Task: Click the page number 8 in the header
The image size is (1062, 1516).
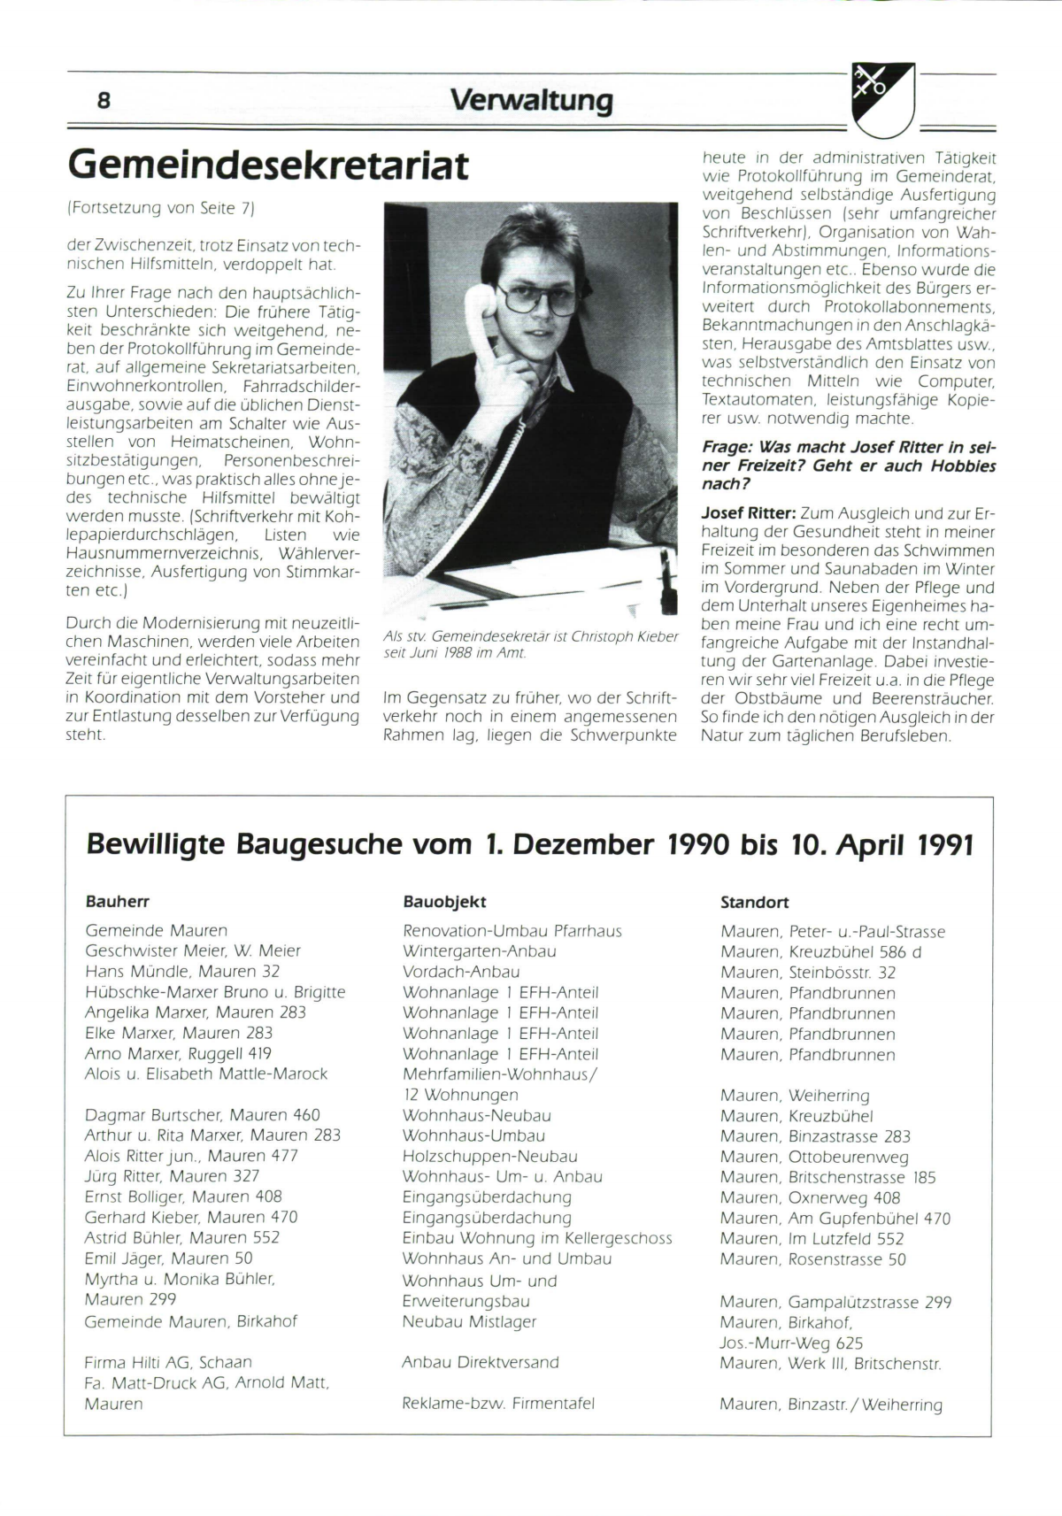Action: [104, 100]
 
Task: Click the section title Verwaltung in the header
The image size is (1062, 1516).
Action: [531, 99]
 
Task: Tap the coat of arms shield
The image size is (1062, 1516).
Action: [882, 99]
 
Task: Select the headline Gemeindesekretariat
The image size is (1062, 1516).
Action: [267, 165]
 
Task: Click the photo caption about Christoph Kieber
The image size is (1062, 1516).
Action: [530, 644]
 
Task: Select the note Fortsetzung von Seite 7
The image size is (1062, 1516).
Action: [161, 209]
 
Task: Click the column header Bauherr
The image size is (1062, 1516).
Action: [117, 902]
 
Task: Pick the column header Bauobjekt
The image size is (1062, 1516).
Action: [444, 902]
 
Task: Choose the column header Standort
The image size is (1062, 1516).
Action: [754, 903]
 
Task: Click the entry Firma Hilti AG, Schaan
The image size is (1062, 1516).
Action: [168, 1362]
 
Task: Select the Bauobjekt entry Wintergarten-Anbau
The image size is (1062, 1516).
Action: [479, 951]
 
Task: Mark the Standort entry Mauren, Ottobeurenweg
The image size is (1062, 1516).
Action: [814, 1157]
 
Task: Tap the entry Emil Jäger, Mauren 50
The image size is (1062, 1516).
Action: [168, 1258]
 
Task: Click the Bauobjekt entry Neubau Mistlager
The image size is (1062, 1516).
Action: [469, 1321]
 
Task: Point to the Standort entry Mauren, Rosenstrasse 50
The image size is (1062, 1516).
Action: [813, 1259]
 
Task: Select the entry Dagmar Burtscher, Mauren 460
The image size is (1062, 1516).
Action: [202, 1115]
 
